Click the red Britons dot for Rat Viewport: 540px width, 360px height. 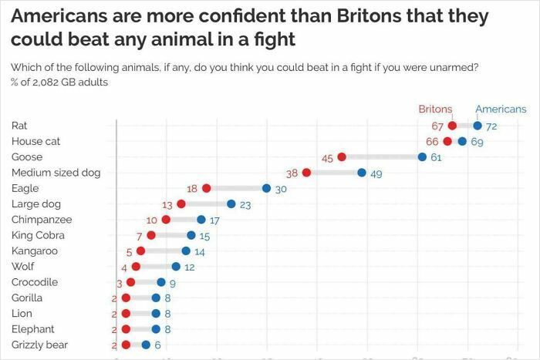pyautogui.click(x=452, y=126)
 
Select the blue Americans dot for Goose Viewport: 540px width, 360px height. pyautogui.click(x=422, y=157)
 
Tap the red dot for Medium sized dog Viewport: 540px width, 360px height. pyautogui.click(x=306, y=173)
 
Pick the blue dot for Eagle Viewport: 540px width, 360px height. pyautogui.click(x=266, y=188)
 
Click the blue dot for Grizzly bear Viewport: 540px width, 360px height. pyautogui.click(x=146, y=345)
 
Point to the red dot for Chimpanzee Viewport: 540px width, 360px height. pyautogui.click(x=166, y=220)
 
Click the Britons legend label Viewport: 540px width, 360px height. pyautogui.click(x=435, y=109)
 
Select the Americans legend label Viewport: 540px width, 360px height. pyautogui.click(x=501, y=109)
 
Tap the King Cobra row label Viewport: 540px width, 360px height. pyautogui.click(x=38, y=235)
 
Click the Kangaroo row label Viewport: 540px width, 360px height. pyautogui.click(x=34, y=251)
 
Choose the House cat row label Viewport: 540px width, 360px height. pyautogui.click(x=35, y=141)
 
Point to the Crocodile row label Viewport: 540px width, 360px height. pyautogui.click(x=35, y=282)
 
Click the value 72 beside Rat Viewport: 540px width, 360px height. pyautogui.click(x=491, y=126)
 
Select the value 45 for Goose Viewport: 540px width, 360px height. pyautogui.click(x=327, y=158)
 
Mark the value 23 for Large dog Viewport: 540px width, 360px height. pyautogui.click(x=245, y=205)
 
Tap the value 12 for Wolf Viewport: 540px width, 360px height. pyautogui.click(x=190, y=267)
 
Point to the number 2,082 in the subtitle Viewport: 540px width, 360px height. pyautogui.click(x=39, y=82)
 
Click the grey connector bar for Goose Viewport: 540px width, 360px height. pyautogui.click(x=382, y=157)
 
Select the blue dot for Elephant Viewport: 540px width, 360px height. pyautogui.click(x=156, y=329)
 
